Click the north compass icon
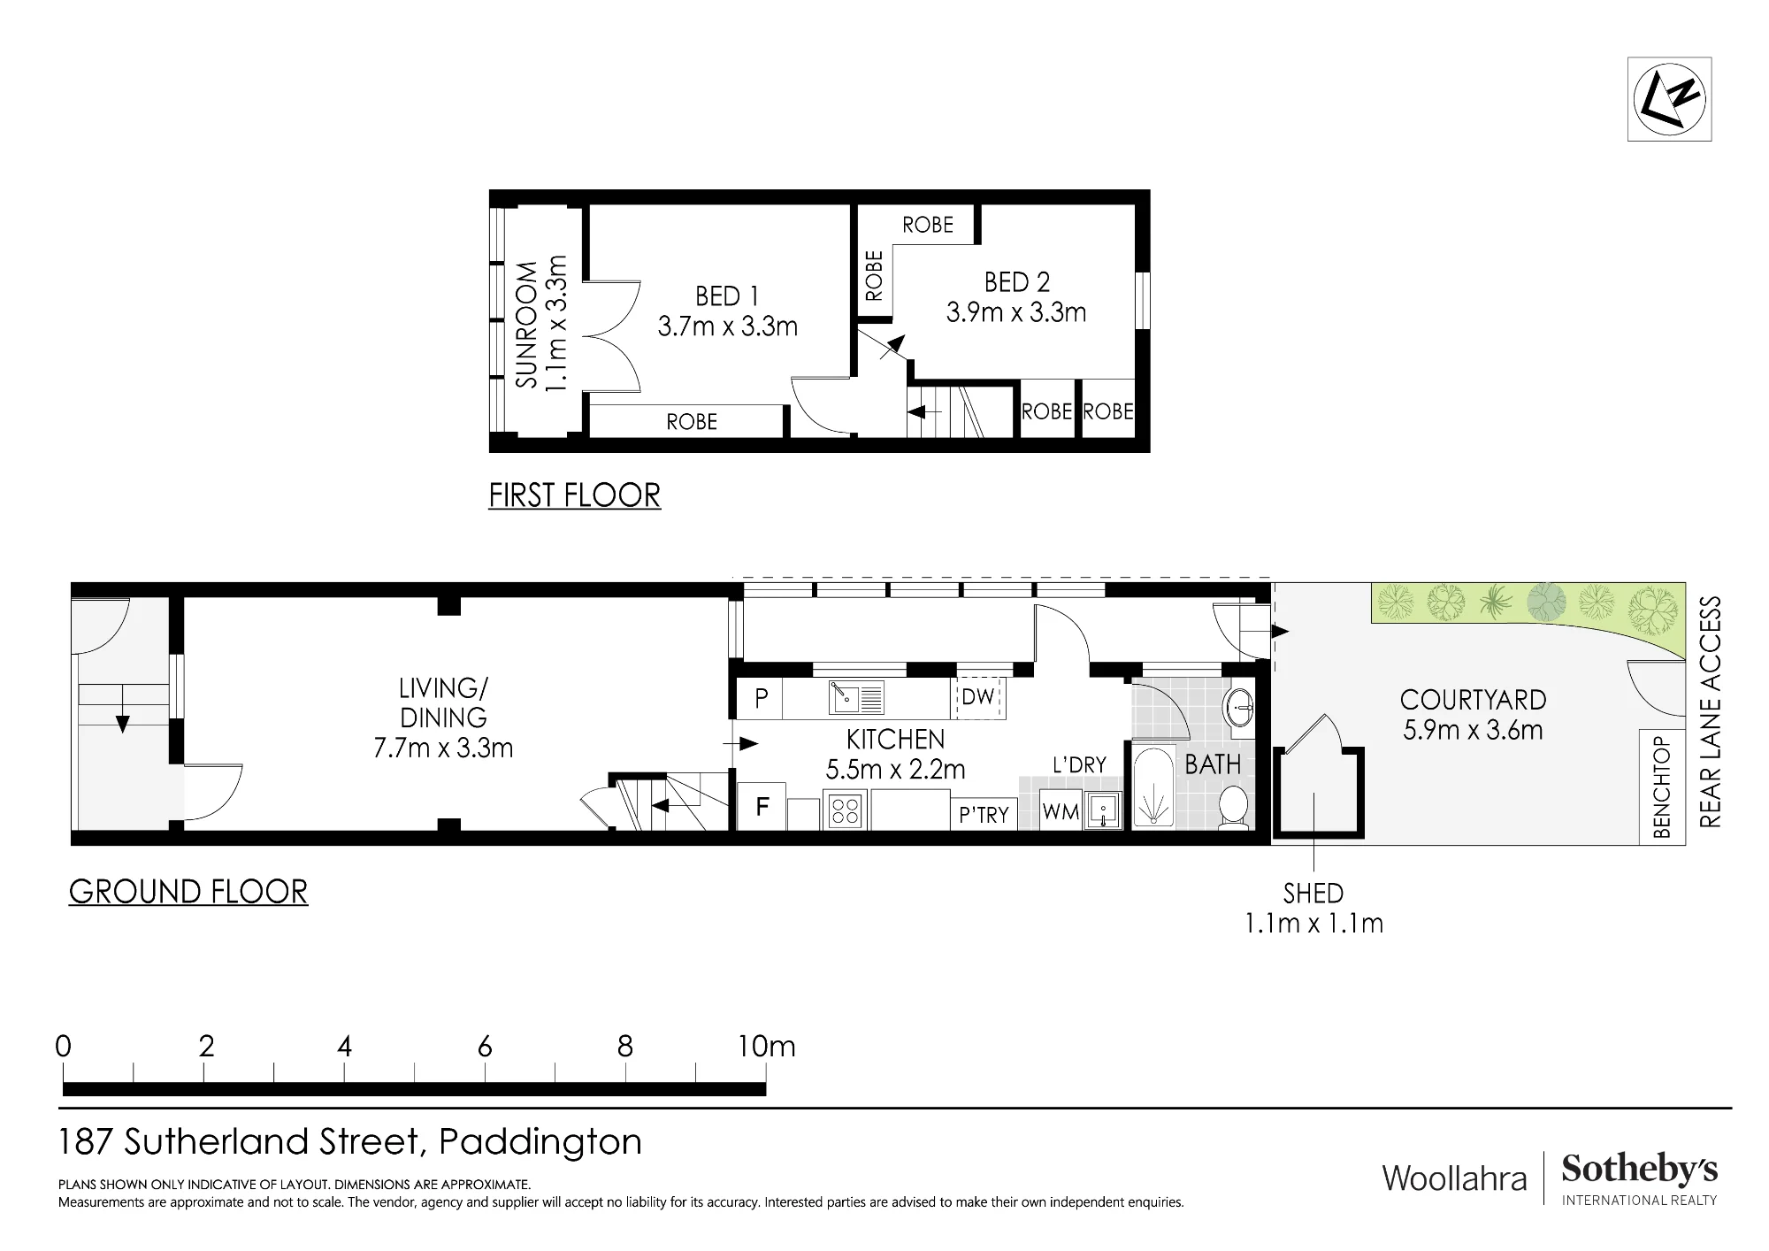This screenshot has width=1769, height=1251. click(1669, 98)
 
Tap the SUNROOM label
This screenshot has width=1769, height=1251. click(527, 324)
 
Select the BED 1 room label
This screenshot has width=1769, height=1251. click(727, 295)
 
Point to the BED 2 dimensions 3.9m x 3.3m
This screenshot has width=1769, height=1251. click(1016, 312)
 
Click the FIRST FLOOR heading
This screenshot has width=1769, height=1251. click(575, 495)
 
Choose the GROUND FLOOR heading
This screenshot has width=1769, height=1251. click(188, 891)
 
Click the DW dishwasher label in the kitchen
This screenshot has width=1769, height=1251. click(978, 697)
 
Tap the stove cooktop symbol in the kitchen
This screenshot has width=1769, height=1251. click(845, 811)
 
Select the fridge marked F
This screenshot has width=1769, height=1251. click(762, 807)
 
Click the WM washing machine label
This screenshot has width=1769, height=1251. click(1061, 812)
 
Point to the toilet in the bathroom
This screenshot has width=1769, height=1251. click(1233, 808)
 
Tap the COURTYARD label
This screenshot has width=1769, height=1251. click(1473, 700)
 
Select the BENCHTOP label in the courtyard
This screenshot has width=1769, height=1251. click(1662, 787)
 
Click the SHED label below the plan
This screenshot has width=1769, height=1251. click(1313, 894)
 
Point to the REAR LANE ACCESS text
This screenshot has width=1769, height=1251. click(1710, 712)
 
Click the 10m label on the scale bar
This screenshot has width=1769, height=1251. click(767, 1047)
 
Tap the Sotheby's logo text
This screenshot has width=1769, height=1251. click(1639, 1170)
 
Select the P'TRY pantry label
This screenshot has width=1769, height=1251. click(984, 814)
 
